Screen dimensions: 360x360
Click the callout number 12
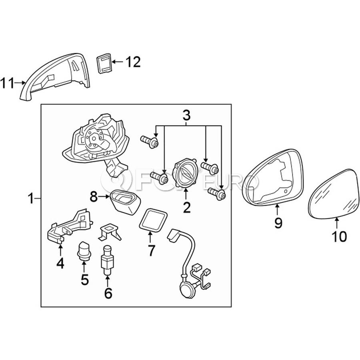pyautogui.click(x=133, y=62)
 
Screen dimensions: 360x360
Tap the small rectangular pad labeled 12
pyautogui.click(x=104, y=63)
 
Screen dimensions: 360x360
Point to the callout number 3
pyautogui.click(x=186, y=116)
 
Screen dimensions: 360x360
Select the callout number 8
pyautogui.click(x=94, y=197)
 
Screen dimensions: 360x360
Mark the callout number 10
pyautogui.click(x=339, y=236)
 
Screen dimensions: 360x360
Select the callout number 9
pyautogui.click(x=278, y=223)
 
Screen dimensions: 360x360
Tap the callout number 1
pyautogui.click(x=31, y=198)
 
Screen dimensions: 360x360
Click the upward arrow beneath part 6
pyautogui.click(x=107, y=281)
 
